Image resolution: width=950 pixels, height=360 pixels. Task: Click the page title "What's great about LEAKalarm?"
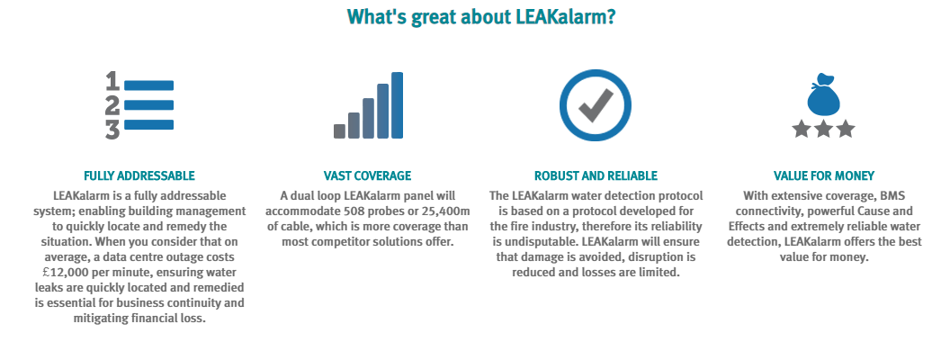[481, 16]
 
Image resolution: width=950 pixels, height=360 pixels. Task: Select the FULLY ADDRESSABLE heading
[139, 175]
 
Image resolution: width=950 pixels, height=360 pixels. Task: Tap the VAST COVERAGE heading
[367, 175]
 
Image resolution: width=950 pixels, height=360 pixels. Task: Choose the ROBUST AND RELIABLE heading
[596, 175]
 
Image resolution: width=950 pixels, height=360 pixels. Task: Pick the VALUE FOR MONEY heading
[824, 175]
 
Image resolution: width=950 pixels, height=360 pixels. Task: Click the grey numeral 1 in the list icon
[112, 81]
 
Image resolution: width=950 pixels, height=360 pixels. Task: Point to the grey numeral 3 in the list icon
[112, 130]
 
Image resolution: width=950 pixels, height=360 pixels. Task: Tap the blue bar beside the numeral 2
[148, 104]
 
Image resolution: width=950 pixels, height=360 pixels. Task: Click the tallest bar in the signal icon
[397, 105]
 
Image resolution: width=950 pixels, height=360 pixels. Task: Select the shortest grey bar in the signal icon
[339, 130]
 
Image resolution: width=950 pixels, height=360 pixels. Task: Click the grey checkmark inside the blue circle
[596, 105]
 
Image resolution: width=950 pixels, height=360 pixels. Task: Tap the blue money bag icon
[824, 94]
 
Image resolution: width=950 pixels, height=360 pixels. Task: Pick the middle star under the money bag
[823, 129]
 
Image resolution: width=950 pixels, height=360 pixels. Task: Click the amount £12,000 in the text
[56, 273]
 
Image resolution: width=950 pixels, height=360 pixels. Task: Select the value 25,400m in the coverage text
[446, 211]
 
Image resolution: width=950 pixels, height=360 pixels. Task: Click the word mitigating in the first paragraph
[101, 319]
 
